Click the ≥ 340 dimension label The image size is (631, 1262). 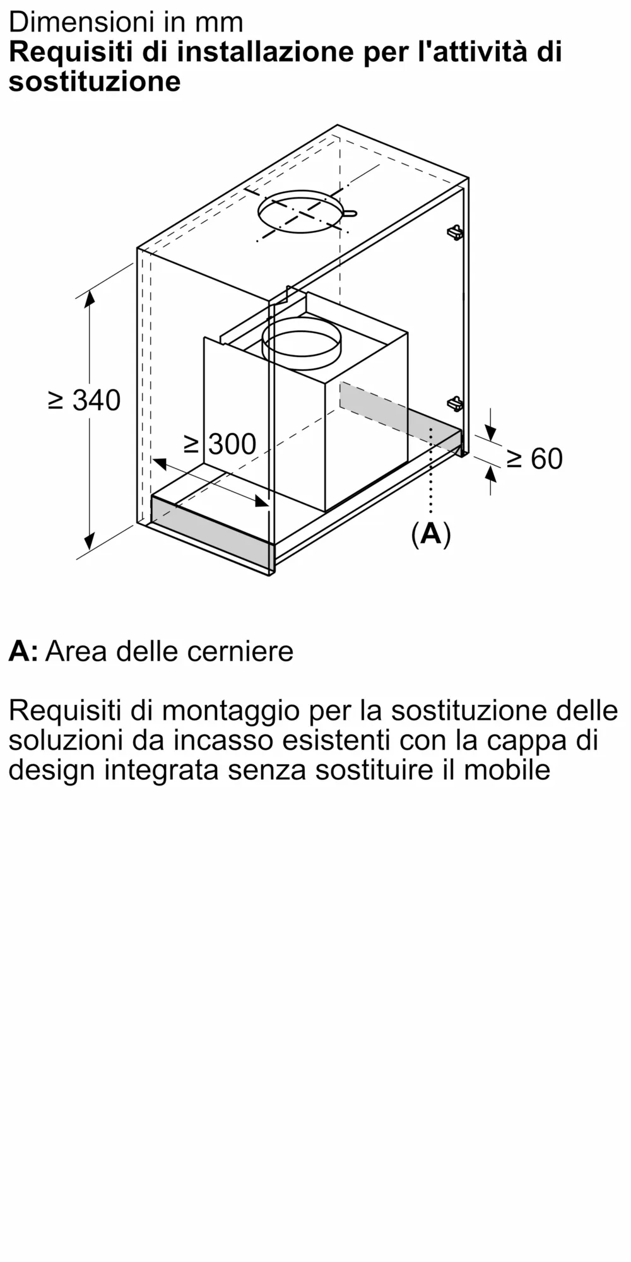(85, 400)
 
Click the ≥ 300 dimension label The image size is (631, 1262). (220, 444)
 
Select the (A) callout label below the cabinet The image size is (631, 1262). (431, 534)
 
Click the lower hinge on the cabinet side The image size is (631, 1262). (455, 403)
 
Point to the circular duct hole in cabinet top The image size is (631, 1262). (300, 213)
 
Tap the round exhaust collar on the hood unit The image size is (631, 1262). (301, 345)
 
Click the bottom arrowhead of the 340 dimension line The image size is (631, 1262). (89, 542)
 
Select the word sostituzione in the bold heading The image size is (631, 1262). (95, 82)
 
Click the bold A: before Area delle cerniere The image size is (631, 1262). (23, 651)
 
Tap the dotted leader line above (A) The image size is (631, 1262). (431, 473)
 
